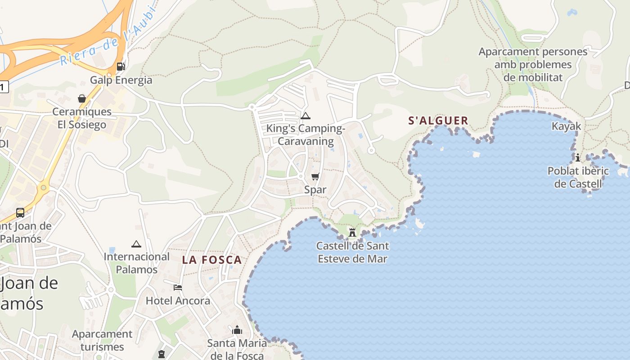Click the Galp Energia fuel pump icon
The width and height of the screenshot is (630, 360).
click(121, 67)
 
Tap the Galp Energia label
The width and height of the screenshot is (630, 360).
click(121, 80)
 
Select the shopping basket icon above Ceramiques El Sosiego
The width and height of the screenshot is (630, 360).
click(82, 98)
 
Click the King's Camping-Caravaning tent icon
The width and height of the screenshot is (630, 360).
click(306, 116)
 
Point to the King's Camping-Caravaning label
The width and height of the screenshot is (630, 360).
click(306, 135)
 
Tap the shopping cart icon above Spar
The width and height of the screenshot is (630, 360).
click(315, 176)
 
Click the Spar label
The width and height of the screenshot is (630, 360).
click(315, 189)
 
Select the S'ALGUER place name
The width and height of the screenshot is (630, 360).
click(438, 121)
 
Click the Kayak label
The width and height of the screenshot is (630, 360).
click(566, 126)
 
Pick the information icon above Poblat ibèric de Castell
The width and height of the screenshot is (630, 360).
click(578, 157)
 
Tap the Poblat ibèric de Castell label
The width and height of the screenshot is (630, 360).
click(578, 177)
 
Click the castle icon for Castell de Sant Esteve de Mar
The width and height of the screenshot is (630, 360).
click(352, 232)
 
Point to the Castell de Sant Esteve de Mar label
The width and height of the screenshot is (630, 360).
click(352, 252)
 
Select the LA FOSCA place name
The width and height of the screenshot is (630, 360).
click(212, 260)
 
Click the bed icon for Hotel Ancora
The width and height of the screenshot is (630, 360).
click(178, 287)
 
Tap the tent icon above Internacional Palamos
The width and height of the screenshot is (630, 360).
click(136, 244)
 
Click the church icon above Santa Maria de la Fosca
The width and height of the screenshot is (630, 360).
click(237, 330)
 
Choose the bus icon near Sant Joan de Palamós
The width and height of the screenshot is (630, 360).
click(20, 212)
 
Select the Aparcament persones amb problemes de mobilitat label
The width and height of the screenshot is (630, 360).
click(533, 64)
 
